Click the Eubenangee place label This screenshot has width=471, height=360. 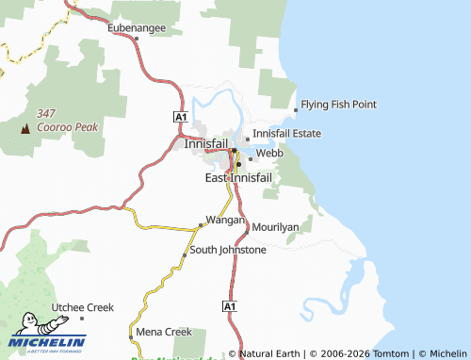(137, 27)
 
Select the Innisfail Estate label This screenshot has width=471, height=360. (286, 134)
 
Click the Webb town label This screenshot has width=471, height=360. (269, 152)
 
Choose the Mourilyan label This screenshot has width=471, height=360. (274, 228)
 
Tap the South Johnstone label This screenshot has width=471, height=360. (228, 250)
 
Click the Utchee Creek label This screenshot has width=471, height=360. (83, 307)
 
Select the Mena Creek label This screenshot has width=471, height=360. (164, 332)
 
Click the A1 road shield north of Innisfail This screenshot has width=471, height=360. (182, 115)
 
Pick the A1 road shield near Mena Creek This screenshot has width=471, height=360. (230, 307)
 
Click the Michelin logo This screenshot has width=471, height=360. (47, 340)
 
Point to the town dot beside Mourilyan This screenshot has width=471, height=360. (247, 229)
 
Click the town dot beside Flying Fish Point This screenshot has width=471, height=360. (297, 110)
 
